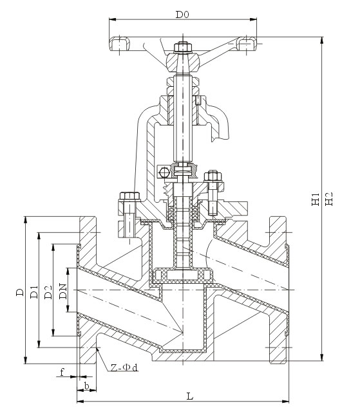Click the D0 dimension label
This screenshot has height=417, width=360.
tap(182, 14)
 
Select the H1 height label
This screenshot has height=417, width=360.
tap(316, 199)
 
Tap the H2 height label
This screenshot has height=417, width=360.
tap(329, 199)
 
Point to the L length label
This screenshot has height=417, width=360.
tap(190, 396)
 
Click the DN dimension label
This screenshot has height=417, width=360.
tap(63, 292)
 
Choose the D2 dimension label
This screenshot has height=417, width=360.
tap(48, 292)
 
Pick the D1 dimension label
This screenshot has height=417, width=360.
tap(34, 292)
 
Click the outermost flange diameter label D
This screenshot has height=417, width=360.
tap(20, 292)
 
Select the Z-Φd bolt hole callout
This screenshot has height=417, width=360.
tap(124, 368)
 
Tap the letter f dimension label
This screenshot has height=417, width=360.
tap(62, 372)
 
